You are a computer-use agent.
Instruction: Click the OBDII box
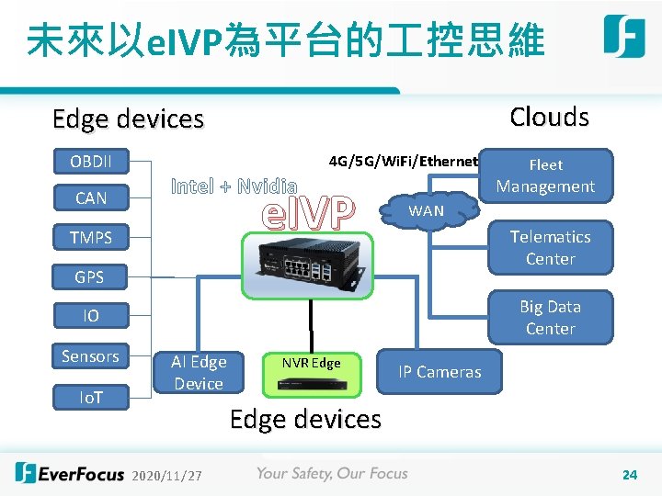pos(91,162)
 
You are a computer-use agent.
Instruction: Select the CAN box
pos(91,197)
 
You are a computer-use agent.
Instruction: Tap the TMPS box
pos(91,237)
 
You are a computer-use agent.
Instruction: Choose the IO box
pos(91,316)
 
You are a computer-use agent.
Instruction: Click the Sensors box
pos(90,355)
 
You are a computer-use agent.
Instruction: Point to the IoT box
pos(90,397)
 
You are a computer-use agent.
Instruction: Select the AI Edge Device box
pos(199,372)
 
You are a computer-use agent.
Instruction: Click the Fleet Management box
pos(545,175)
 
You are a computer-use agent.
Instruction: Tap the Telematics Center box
pos(550,247)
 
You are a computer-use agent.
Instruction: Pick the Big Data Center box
pos(550,317)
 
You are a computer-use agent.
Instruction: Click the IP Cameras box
pos(439,371)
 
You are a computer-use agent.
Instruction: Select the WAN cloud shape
pos(427,210)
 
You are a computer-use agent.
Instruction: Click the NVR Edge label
pos(312,363)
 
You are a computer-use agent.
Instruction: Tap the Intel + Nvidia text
pos(234,186)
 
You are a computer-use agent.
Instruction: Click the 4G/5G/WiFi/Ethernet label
pos(404,162)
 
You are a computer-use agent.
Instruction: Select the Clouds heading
pos(549,117)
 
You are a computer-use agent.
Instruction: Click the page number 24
pos(629,475)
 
